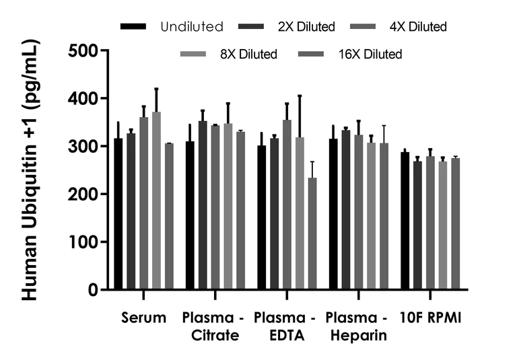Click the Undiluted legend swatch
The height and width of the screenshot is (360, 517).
(x=134, y=27)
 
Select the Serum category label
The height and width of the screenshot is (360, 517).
(x=144, y=317)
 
